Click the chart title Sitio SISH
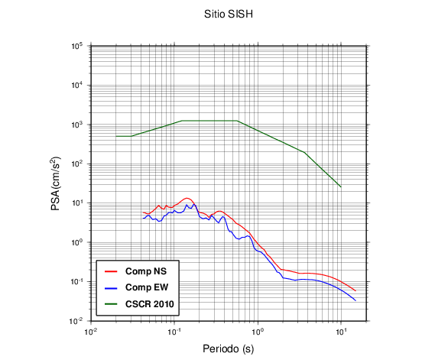229,14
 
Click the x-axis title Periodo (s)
229,348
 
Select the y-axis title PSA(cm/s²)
56,183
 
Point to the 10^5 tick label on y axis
77,46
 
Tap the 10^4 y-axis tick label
77,85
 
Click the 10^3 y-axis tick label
77,125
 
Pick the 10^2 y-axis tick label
77,164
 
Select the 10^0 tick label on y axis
77,242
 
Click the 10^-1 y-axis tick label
76,281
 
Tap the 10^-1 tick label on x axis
174,332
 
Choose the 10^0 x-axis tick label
258,332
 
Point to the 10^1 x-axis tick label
341,332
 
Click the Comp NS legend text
146,271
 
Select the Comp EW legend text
147,287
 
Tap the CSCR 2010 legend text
149,304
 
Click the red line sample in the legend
111,271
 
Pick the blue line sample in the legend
111,287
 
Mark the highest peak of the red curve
187,198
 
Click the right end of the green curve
341,187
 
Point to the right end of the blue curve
355,300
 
